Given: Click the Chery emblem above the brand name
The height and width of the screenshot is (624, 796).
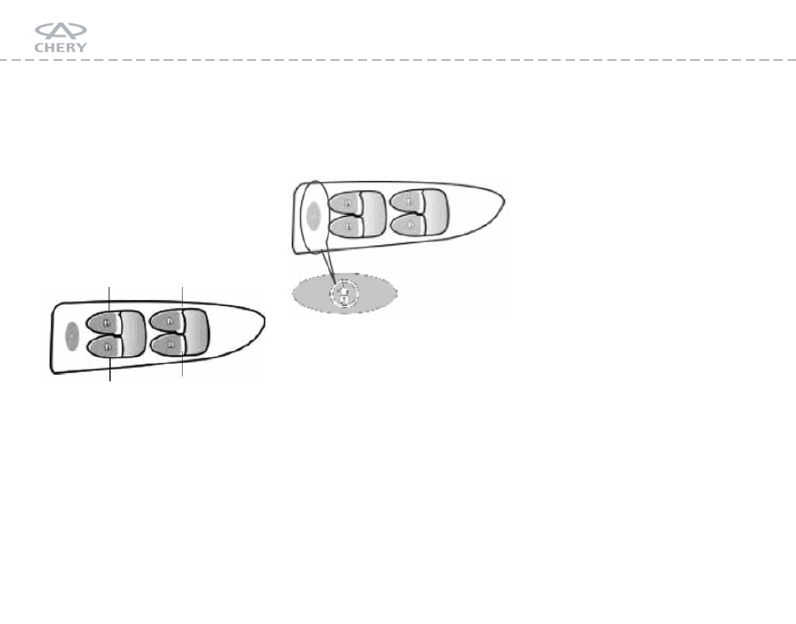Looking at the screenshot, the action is [x=61, y=31].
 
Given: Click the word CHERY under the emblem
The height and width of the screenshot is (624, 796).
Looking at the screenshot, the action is [x=61, y=48].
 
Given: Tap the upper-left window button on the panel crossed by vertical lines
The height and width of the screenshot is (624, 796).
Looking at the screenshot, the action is [x=103, y=322].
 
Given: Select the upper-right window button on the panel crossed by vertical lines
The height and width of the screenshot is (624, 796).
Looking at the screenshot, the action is [x=167, y=321].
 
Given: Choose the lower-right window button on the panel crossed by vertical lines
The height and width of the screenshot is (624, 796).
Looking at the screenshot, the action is [x=168, y=345].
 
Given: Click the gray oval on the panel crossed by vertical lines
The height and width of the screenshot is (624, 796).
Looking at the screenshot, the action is [x=72, y=336].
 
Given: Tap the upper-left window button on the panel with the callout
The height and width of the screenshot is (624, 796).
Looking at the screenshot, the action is [x=345, y=203].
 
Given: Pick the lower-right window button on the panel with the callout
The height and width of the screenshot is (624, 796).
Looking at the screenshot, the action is [x=409, y=224].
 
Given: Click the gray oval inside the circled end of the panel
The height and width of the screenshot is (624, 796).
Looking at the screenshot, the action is [x=314, y=216].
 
